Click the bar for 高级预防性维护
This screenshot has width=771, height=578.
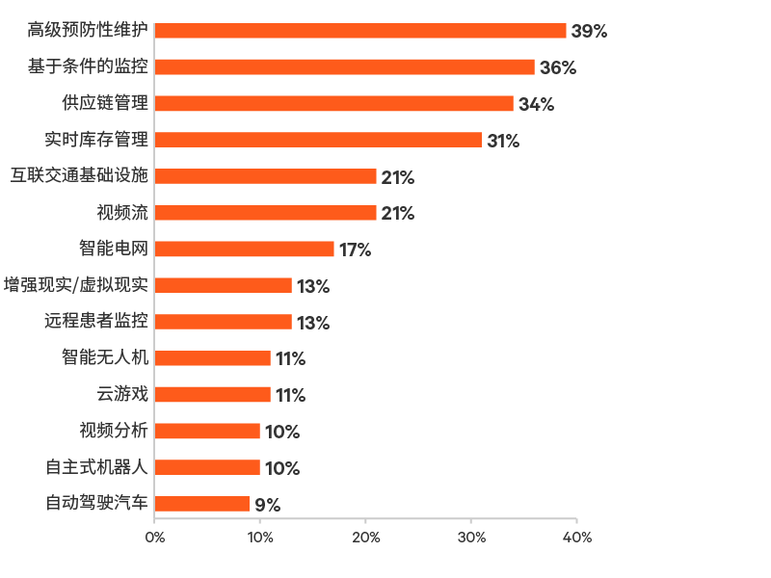tap(360, 31)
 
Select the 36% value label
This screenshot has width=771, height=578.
tap(557, 67)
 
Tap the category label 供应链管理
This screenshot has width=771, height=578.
tap(104, 103)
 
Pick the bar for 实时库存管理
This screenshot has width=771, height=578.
tap(318, 140)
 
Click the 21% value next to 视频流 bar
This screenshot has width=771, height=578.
tap(397, 213)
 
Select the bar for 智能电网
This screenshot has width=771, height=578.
tap(245, 250)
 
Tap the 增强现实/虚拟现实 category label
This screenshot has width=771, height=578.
tap(76, 285)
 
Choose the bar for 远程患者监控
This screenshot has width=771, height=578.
tap(224, 322)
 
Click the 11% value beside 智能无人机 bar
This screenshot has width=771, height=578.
tap(290, 358)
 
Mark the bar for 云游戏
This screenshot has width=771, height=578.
tap(213, 395)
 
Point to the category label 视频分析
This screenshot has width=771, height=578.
tap(114, 431)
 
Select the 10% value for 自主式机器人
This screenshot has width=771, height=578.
tap(281, 468)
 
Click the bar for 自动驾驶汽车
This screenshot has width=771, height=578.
tap(202, 504)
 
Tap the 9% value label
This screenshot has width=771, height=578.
tap(267, 505)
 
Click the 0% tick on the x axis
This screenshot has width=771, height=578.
tap(154, 537)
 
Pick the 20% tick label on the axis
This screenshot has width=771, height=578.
tap(365, 537)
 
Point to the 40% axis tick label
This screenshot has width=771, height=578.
tap(576, 537)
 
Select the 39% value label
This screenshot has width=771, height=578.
tap(589, 31)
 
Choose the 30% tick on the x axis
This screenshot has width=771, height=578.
tap(470, 537)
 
